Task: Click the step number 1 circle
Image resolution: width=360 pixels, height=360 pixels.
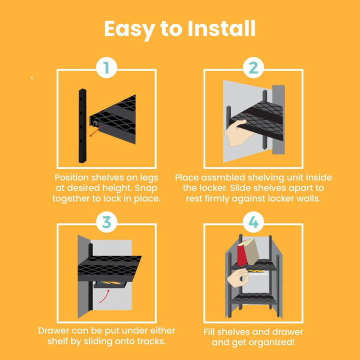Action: (x=106, y=67)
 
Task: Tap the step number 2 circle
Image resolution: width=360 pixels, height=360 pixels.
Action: (x=253, y=67)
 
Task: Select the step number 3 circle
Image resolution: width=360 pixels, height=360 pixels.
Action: (x=106, y=222)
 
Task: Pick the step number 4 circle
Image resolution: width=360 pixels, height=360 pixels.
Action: (x=253, y=222)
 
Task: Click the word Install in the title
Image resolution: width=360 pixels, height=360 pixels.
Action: (x=221, y=28)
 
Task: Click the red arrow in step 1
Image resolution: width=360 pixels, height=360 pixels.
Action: (x=95, y=131)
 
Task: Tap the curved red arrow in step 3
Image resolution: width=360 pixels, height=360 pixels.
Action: (x=104, y=296)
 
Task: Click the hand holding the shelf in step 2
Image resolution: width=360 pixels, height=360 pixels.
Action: (x=237, y=133)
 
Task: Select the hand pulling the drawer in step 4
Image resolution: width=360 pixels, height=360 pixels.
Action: (x=238, y=278)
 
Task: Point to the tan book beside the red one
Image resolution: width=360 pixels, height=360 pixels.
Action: (x=251, y=251)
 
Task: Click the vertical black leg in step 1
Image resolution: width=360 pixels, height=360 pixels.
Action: (x=82, y=126)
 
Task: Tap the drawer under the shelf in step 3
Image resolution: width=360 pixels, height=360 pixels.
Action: (x=109, y=284)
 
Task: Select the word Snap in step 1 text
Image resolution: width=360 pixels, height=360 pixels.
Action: (x=146, y=188)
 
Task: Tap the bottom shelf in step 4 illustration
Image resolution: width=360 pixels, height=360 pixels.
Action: (x=253, y=298)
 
